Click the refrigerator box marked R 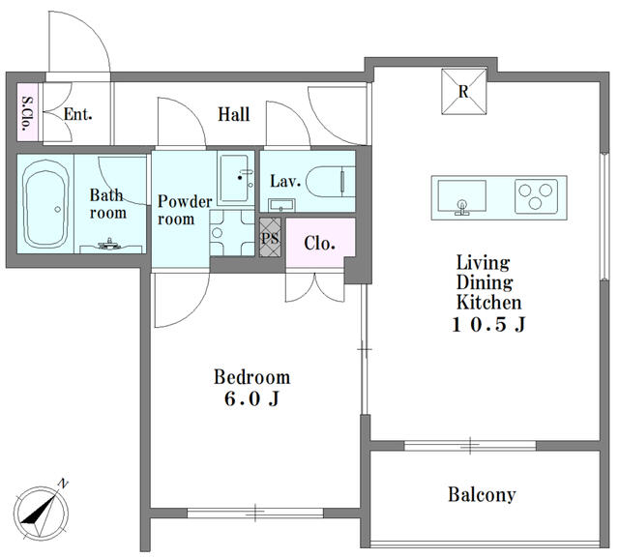click(x=464, y=92)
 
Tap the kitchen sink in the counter click(x=461, y=196)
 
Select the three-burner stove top click(x=536, y=196)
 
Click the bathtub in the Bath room click(x=44, y=204)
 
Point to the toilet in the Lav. click(x=331, y=182)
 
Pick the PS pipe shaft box click(x=270, y=238)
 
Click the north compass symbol click(x=41, y=512)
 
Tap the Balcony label click(x=482, y=494)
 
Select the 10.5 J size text click(x=488, y=324)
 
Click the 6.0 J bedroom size click(x=251, y=398)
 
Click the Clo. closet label click(x=319, y=243)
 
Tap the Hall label click(x=234, y=114)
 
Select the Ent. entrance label click(x=77, y=114)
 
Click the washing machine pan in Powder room click(x=232, y=233)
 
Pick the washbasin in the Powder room click(x=235, y=178)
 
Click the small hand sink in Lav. click(x=281, y=205)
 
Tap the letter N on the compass click(x=63, y=483)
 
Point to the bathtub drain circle click(x=58, y=209)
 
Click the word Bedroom click(x=251, y=377)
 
